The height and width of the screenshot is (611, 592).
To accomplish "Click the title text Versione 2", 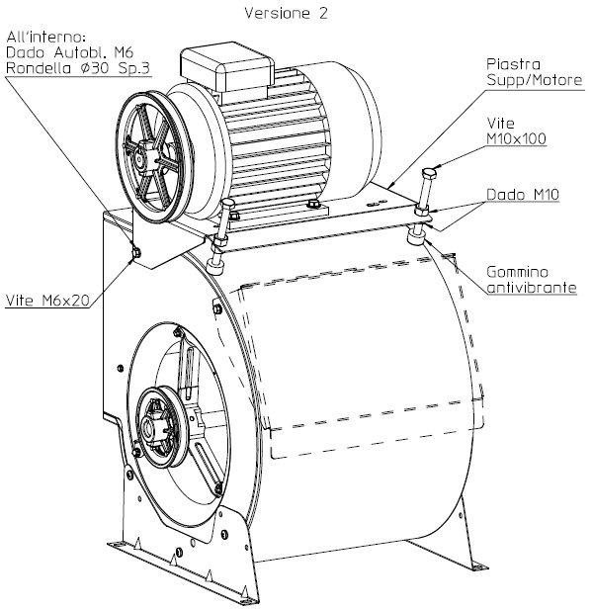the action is coord(287,13).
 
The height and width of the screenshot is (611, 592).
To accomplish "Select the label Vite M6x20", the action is coord(47,301).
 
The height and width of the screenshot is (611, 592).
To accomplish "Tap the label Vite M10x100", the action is coord(516,131).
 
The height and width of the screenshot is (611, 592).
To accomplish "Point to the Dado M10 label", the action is coord(523,194).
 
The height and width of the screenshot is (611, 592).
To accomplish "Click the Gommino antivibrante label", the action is coord(532,280).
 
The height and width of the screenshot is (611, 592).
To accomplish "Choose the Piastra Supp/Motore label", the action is coord(534,72).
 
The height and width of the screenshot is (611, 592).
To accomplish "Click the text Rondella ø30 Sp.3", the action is coord(78,68).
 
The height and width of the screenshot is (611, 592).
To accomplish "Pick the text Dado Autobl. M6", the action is coord(70,52).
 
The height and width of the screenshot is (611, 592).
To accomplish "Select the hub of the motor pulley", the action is coord(142,155).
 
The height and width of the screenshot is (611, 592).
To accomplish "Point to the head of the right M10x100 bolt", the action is coord(429,173).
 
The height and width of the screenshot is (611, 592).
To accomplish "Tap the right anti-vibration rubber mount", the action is coord(416,236).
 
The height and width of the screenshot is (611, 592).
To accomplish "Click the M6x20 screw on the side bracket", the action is coord(136,253).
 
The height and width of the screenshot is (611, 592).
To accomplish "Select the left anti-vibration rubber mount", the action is coord(215,268).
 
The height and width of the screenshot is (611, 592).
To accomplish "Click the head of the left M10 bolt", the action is coord(227,204).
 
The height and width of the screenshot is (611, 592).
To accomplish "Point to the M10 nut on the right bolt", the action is coord(422,211).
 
